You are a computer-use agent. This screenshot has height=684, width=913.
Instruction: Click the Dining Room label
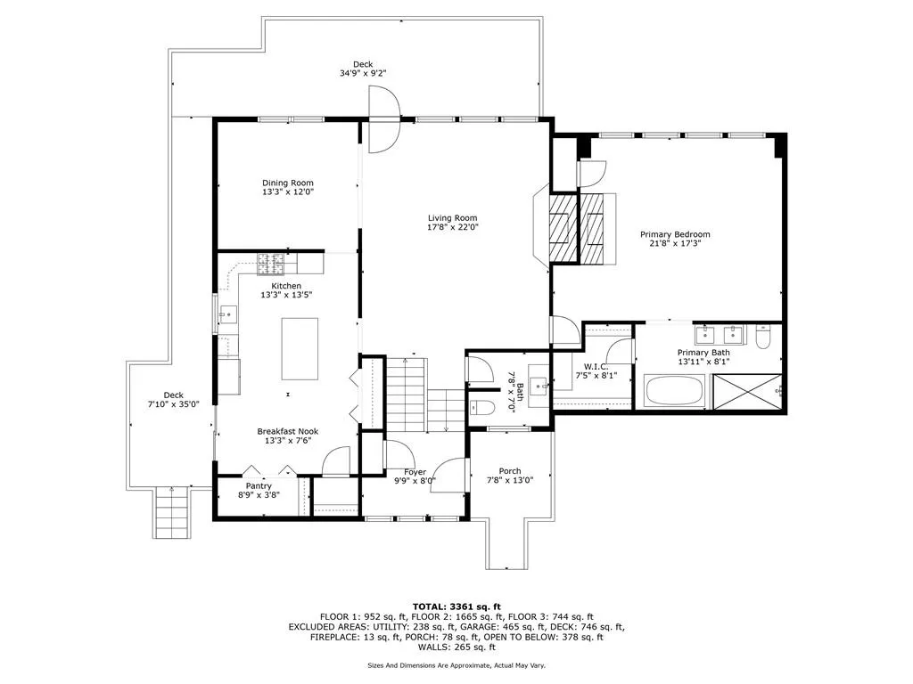(x=287, y=183)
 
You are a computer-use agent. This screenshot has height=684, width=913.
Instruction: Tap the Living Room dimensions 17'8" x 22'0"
(x=452, y=227)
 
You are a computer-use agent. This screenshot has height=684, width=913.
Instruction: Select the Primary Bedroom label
(x=675, y=235)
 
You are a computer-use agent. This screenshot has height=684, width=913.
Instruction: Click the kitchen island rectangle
(x=300, y=348)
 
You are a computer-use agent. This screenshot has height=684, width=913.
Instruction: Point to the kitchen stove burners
(x=269, y=263)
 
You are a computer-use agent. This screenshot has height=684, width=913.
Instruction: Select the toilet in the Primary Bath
(x=762, y=337)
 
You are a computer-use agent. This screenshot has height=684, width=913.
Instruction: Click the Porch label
(x=510, y=471)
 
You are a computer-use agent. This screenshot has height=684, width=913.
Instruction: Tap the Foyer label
(x=415, y=472)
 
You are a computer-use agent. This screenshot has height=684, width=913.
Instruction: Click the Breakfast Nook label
(x=287, y=431)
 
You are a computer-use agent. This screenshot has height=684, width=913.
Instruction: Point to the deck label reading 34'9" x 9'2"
(x=363, y=75)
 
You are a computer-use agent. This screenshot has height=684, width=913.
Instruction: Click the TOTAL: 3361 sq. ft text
(x=456, y=606)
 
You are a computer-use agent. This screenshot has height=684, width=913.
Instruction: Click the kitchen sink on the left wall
(x=226, y=313)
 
